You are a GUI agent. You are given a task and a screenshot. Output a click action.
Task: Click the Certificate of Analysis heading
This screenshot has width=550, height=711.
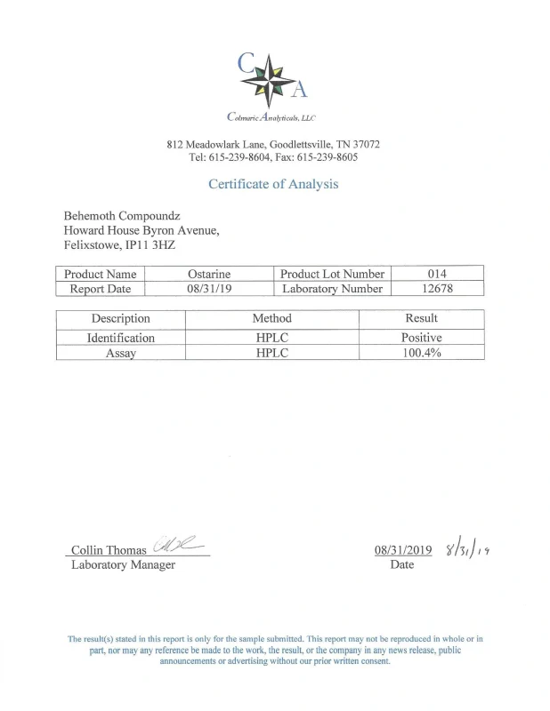coord(273,184)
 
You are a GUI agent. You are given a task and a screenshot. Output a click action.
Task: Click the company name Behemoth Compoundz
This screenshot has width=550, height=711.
coord(123,216)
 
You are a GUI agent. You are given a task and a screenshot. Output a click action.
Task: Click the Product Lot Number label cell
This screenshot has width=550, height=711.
coord(332,274)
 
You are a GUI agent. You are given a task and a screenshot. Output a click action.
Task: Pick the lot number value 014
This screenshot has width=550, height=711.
coord(437,274)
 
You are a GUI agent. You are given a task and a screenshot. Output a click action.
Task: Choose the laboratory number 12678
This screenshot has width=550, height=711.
coord(437,288)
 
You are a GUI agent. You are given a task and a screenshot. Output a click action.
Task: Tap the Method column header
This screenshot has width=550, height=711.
coord(271,318)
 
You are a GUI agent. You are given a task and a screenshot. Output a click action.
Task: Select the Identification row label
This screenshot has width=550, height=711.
coord(120,338)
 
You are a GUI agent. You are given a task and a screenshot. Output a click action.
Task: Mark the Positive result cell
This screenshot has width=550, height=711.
coord(421,338)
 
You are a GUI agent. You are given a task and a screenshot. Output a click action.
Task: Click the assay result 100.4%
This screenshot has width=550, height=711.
coord(421,352)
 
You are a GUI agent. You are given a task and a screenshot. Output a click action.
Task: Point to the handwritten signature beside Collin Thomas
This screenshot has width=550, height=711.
coord(178,545)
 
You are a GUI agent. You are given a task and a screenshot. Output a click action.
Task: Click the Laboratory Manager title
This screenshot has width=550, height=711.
coord(123,564)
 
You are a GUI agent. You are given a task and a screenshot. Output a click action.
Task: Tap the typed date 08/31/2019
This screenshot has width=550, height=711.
coord(403,550)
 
